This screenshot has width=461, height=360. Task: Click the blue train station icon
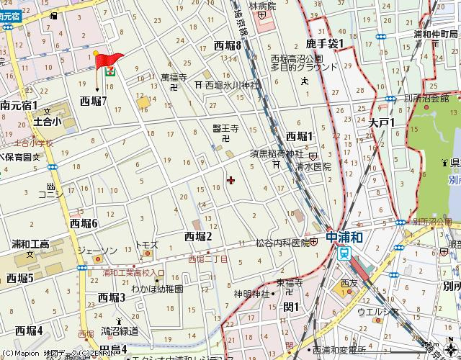point(345,253)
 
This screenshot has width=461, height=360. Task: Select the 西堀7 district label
point(94,102)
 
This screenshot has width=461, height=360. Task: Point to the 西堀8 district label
point(228,45)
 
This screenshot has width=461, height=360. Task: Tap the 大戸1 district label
point(382,123)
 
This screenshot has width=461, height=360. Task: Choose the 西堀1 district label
point(300,135)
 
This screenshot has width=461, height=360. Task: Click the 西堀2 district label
point(198,236)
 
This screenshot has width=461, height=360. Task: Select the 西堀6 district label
point(84,223)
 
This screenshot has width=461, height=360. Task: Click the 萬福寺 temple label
point(174,76)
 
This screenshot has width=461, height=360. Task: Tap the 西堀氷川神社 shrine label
point(231,84)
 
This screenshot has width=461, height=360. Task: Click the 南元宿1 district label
point(19,105)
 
